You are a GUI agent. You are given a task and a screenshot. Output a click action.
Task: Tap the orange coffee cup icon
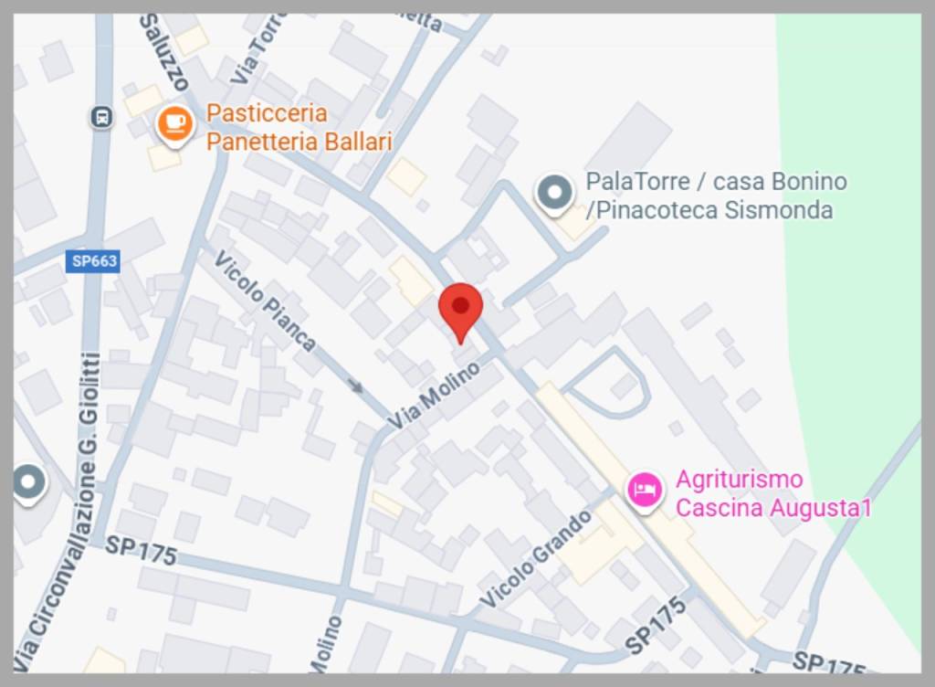(x=174, y=123)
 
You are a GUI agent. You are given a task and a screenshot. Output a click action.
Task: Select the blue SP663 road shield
(x=95, y=261)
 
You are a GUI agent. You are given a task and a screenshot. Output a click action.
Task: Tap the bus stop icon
(x=101, y=117)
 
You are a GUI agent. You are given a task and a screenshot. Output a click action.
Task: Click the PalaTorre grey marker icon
(x=553, y=193)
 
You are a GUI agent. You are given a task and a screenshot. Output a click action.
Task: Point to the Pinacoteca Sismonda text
(x=709, y=210)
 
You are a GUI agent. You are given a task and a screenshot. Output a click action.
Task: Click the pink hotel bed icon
(x=645, y=489)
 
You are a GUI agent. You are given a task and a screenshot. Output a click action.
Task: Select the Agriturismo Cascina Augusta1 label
(x=772, y=493)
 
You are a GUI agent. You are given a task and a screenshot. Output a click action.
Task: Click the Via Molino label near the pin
(x=434, y=395)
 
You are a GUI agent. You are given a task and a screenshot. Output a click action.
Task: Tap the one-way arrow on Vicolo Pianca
(x=356, y=386)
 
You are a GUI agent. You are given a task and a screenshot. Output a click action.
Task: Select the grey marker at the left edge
(x=28, y=481)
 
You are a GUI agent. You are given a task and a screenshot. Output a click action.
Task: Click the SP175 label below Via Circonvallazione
(x=141, y=551)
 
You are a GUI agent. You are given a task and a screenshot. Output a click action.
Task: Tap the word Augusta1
(x=821, y=508)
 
